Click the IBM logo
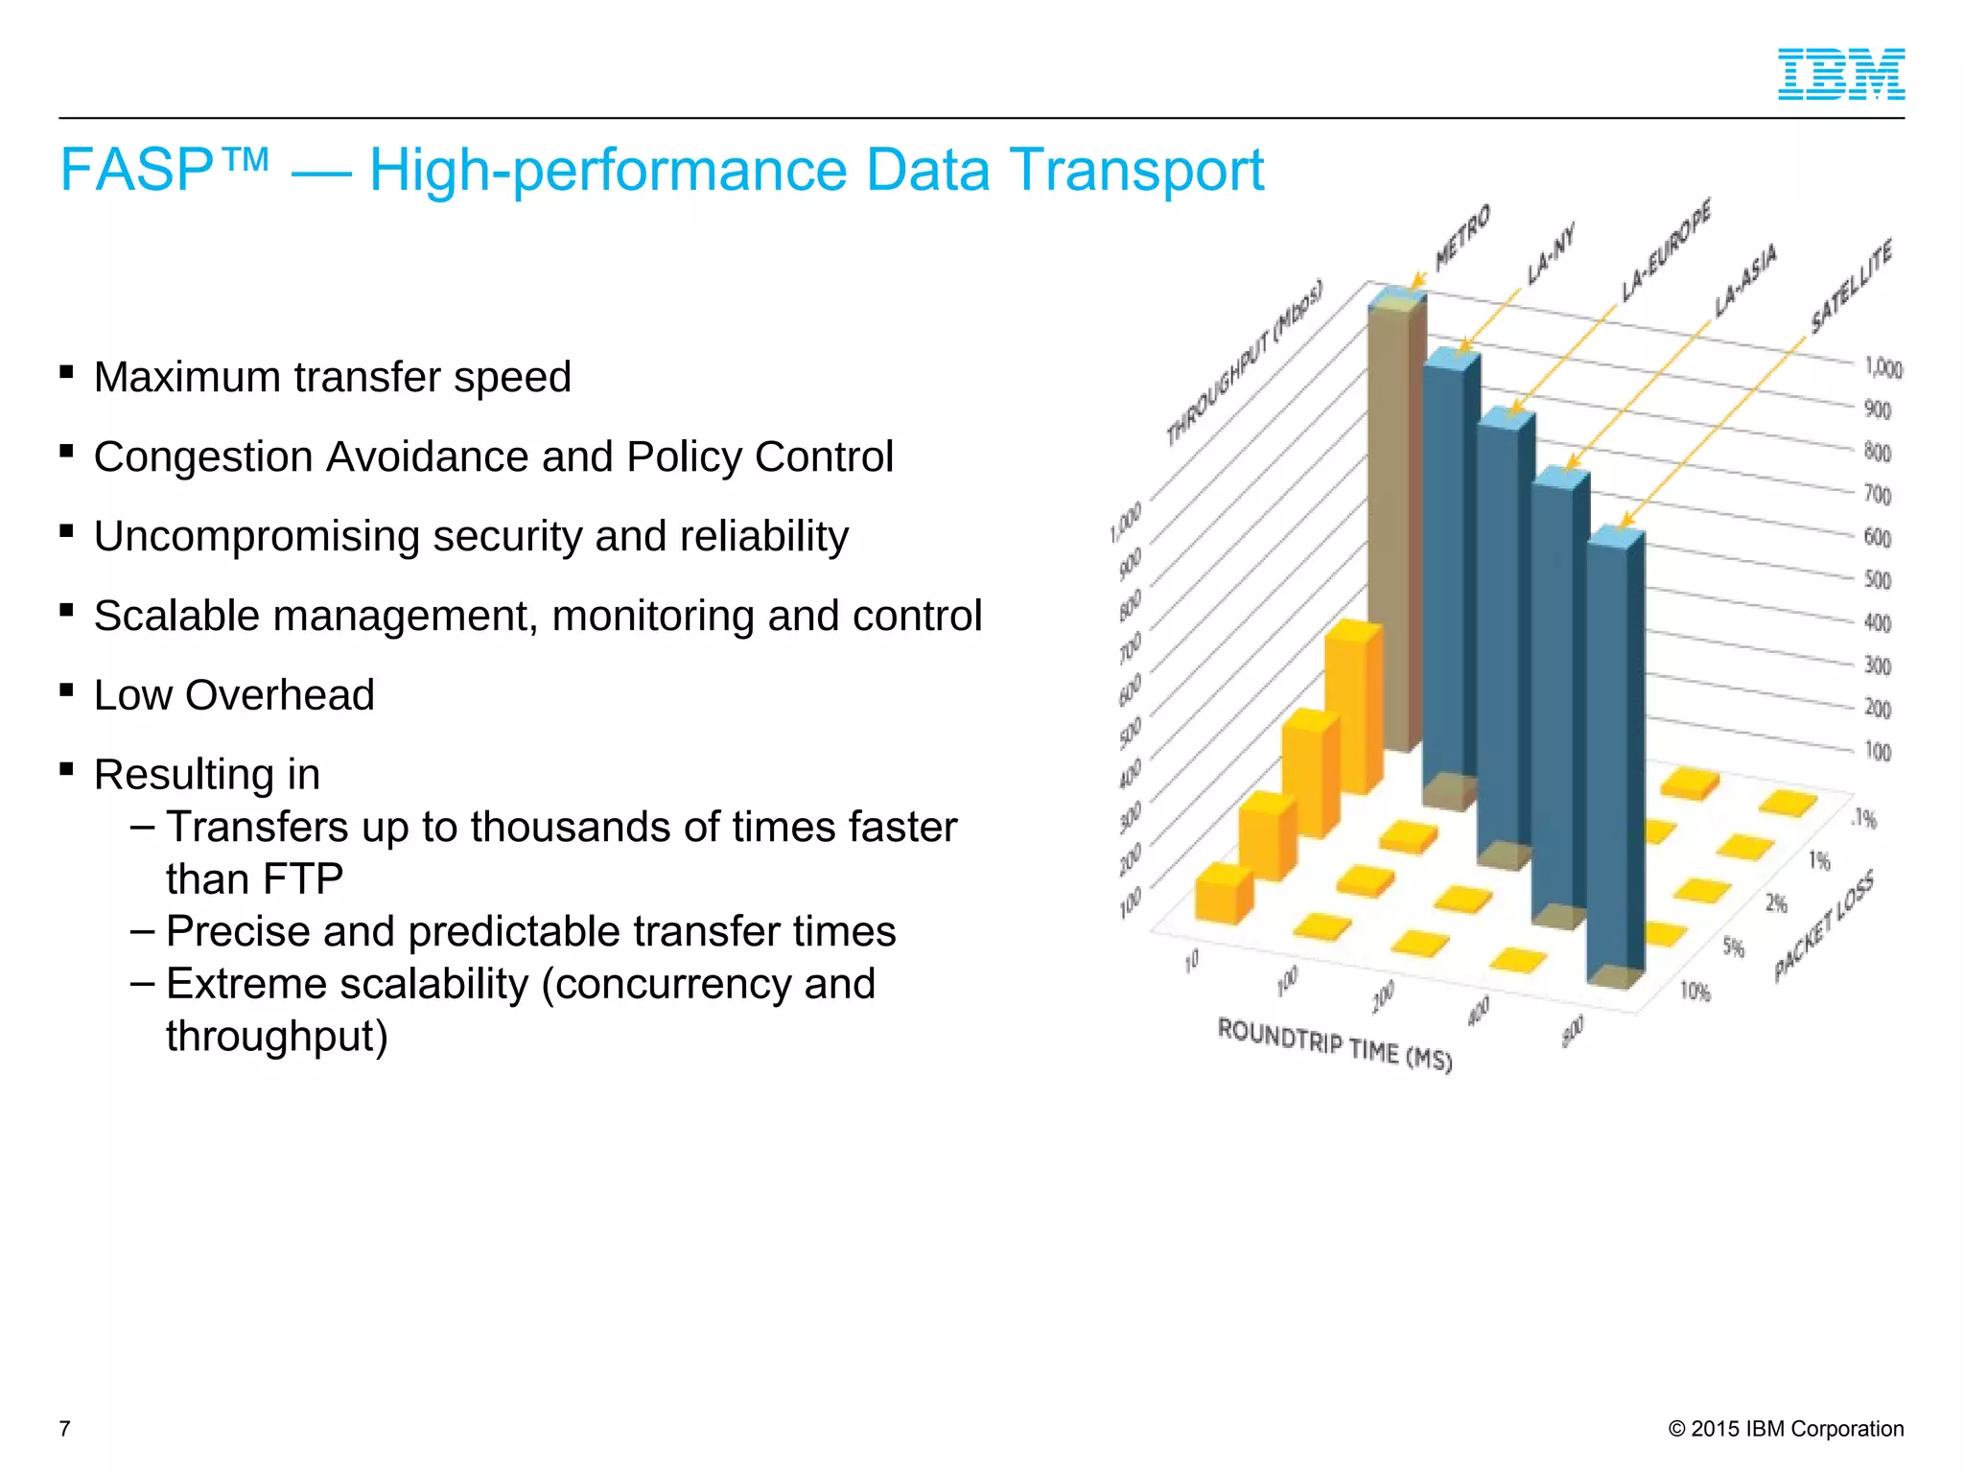[1840, 74]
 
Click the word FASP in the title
[136, 171]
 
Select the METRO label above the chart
[1462, 238]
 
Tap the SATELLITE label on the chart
[1852, 287]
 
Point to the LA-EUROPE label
[1667, 250]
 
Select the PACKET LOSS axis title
[1823, 927]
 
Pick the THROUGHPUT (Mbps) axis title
[1244, 362]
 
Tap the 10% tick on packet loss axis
[1695, 991]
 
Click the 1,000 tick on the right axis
[1882, 367]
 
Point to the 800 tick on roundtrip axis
[1573, 1031]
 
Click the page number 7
[64, 1429]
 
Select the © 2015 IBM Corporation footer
[1786, 1429]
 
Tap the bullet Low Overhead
[233, 695]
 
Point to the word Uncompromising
[255, 537]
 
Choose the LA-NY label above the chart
[1551, 255]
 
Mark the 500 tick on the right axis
[1877, 580]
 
